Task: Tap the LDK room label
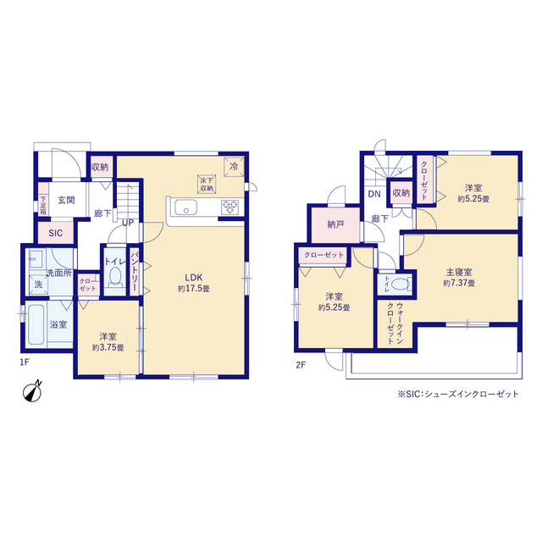pyautogui.click(x=194, y=278)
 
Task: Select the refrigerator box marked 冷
pyautogui.click(x=234, y=167)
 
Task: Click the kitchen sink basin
pyautogui.click(x=185, y=207)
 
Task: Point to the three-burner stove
pyautogui.click(x=230, y=207)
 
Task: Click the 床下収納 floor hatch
pyautogui.click(x=207, y=184)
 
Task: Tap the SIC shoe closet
pyautogui.click(x=56, y=233)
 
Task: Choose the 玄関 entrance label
pyautogui.click(x=66, y=200)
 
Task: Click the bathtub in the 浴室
pyautogui.click(x=36, y=324)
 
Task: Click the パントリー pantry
pyautogui.click(x=134, y=271)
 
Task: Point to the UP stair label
pyautogui.click(x=128, y=223)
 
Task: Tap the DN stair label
pyautogui.click(x=374, y=194)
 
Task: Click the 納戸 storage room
pyautogui.click(x=335, y=224)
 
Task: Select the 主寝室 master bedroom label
pyautogui.click(x=459, y=272)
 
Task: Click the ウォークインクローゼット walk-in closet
pyautogui.click(x=395, y=324)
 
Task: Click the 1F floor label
pyautogui.click(x=25, y=362)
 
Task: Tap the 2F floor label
pyautogui.click(x=301, y=365)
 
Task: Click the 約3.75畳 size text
pyautogui.click(x=108, y=347)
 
